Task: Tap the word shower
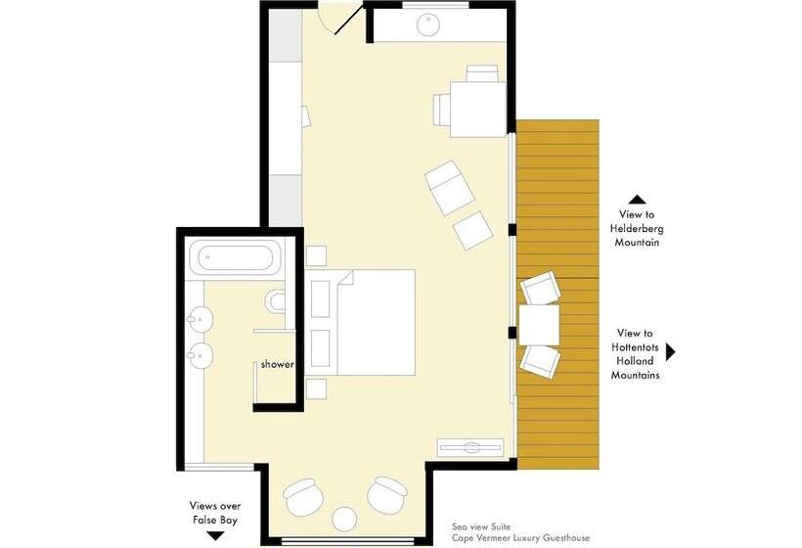tap(277, 364)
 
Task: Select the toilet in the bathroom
tap(275, 301)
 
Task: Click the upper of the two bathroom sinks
tap(200, 321)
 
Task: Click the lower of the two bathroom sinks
tap(200, 355)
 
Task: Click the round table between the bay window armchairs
tap(344, 519)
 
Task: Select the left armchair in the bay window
tap(304, 497)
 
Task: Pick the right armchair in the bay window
tap(386, 495)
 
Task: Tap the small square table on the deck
tap(539, 325)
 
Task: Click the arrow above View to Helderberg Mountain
tap(637, 200)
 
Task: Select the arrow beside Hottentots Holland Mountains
tap(671, 352)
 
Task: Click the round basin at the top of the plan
tap(427, 25)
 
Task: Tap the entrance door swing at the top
tap(339, 20)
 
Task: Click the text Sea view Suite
tap(481, 526)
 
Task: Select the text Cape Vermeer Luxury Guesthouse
tap(520, 538)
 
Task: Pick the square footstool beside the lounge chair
tap(473, 230)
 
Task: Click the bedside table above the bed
tap(316, 255)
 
